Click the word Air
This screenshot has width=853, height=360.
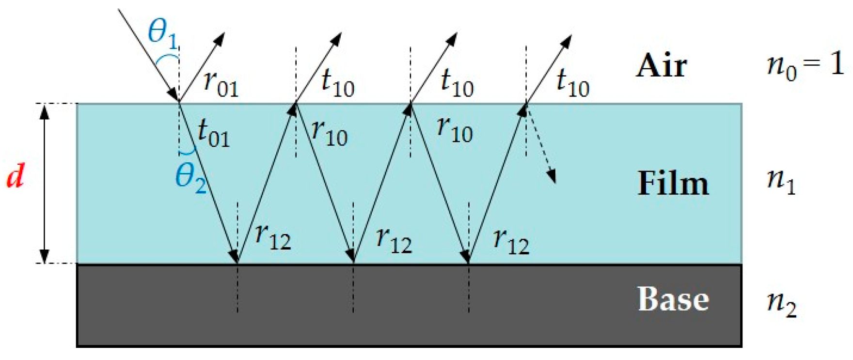[661, 66]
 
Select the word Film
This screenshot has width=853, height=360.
[673, 184]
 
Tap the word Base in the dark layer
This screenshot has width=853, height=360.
[673, 299]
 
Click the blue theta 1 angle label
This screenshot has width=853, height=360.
[163, 34]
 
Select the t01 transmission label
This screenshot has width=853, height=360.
[213, 133]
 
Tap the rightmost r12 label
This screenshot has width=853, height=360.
[511, 240]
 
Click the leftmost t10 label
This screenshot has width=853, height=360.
[338, 82]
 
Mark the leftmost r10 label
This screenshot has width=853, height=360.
[330, 132]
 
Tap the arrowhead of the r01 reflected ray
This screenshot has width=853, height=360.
[221, 38]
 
